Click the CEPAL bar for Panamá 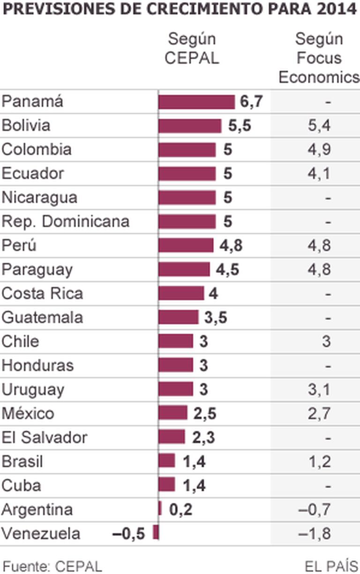coord(196,102)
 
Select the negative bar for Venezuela coord(156,533)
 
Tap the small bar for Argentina coord(160,509)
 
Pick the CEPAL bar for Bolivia coord(190,126)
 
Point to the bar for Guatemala coord(178,317)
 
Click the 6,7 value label coord(252,102)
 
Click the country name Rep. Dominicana coord(65,221)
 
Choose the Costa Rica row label coord(43,293)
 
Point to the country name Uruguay coord(33,389)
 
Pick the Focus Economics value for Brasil coord(320,461)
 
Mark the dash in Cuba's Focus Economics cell coord(328,486)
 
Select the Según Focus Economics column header coord(319,58)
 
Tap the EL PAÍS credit coord(330,565)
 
